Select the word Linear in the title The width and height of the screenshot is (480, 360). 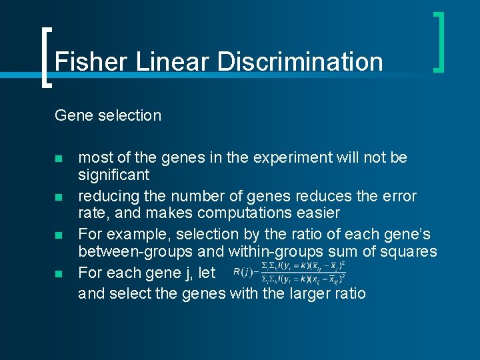click(173, 61)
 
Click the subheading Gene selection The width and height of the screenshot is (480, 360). click(108, 115)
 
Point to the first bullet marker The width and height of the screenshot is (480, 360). click(59, 159)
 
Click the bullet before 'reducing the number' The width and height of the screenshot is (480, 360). click(59, 197)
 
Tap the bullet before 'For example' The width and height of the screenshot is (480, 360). click(59, 235)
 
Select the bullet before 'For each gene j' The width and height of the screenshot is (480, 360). click(59, 273)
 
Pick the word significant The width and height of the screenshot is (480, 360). click(114, 176)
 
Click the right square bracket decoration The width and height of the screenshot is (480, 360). click(439, 41)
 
